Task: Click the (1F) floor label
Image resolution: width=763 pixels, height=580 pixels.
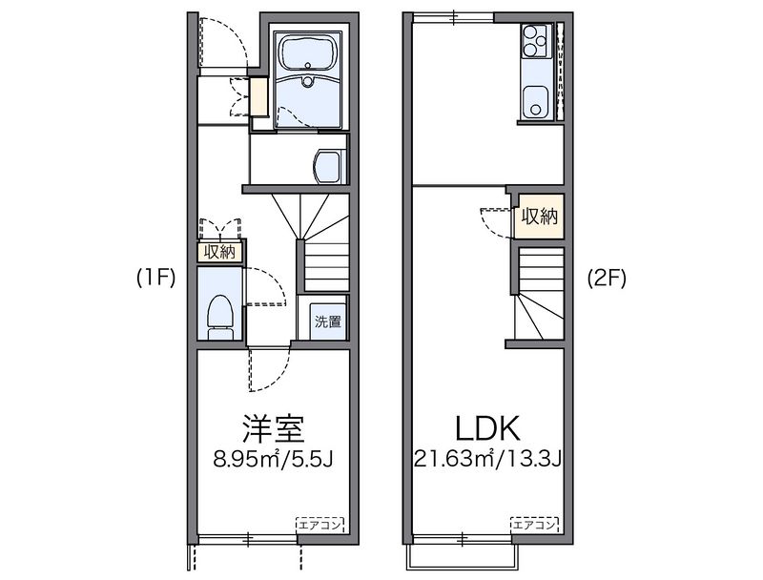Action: tap(155, 279)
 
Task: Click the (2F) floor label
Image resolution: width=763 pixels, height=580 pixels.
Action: tap(605, 279)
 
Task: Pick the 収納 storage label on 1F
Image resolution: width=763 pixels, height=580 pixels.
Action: tap(219, 253)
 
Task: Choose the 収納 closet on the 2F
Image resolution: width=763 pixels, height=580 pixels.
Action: tap(538, 217)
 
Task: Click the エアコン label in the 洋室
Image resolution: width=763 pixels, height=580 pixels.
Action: tap(320, 525)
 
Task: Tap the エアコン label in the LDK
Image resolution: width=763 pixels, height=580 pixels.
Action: tap(535, 525)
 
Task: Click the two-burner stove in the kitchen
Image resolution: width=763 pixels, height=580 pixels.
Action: tap(531, 39)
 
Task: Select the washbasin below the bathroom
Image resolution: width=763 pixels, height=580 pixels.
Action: tap(329, 166)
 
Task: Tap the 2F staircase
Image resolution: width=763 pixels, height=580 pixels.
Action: tap(539, 296)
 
